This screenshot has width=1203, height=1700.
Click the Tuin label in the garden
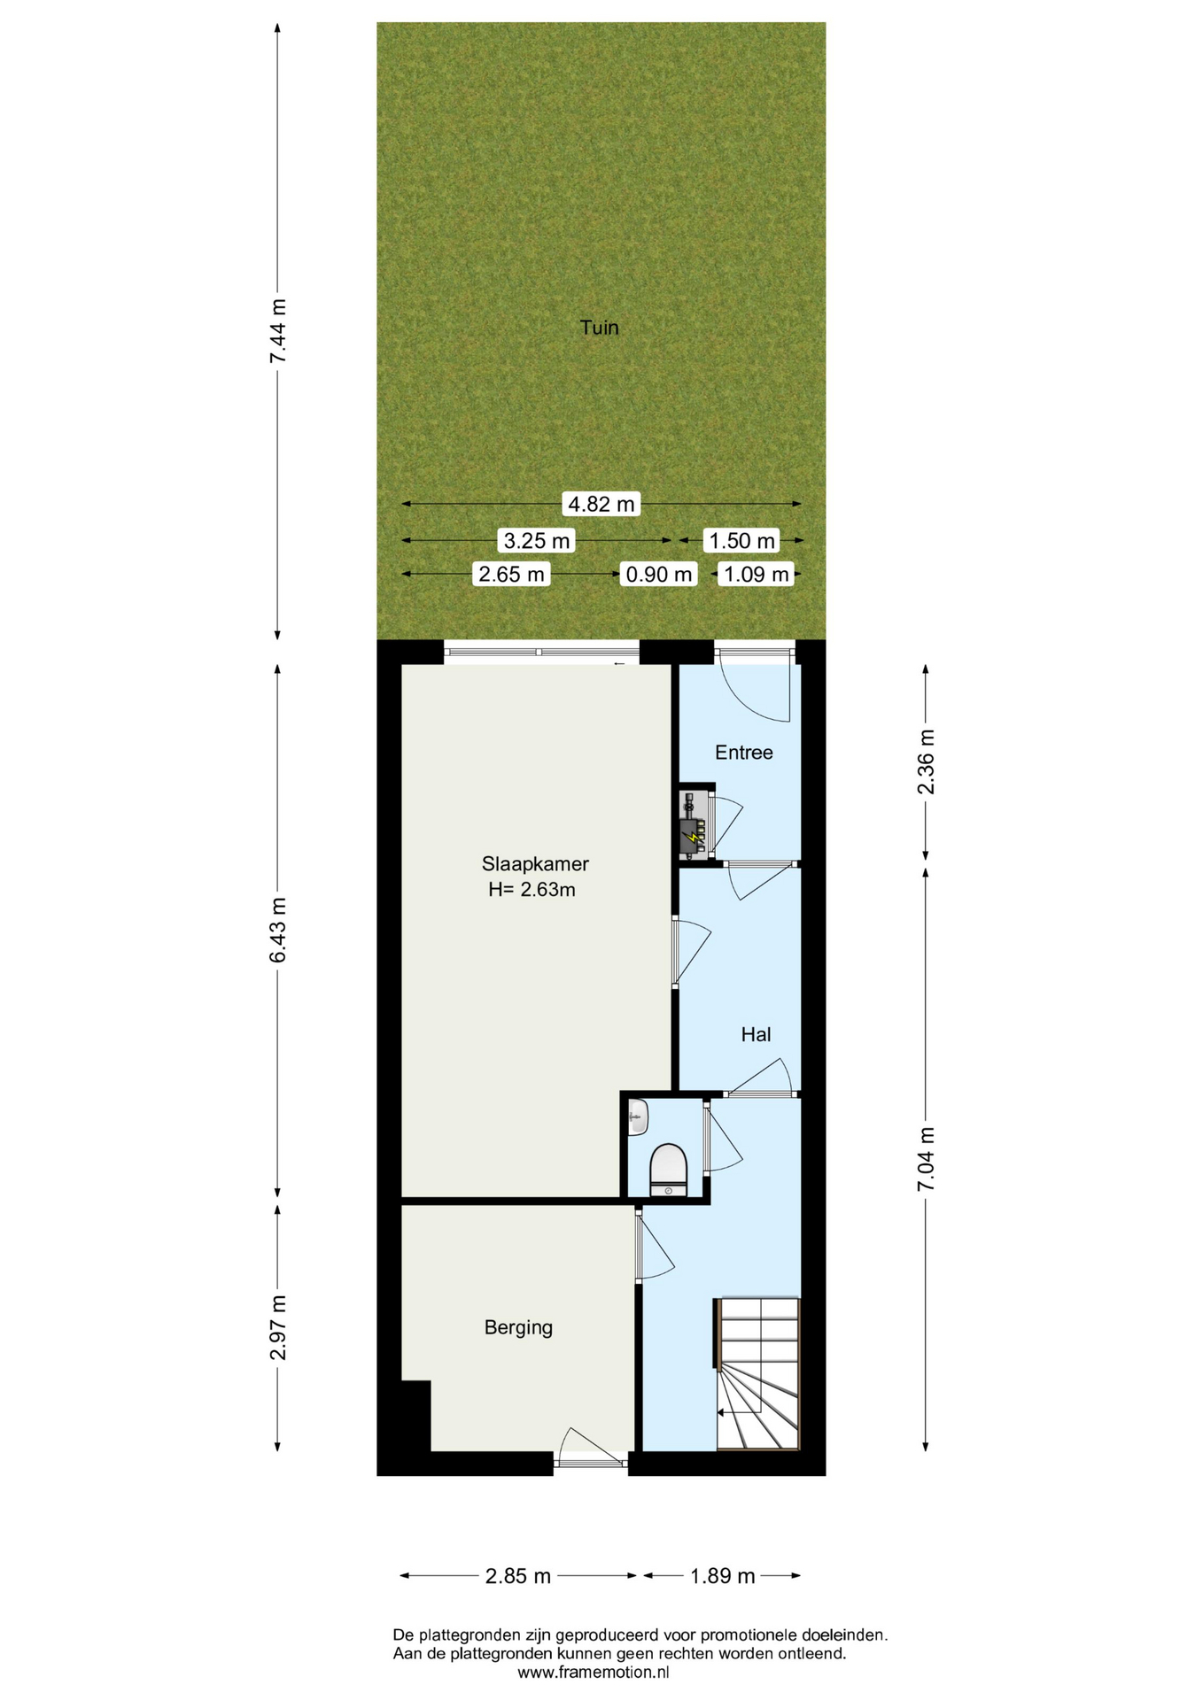point(599,328)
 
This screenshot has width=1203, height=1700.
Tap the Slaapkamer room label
point(535,863)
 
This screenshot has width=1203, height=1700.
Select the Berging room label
point(518,1327)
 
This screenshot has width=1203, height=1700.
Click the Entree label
point(743,753)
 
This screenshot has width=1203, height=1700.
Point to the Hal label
point(756,1034)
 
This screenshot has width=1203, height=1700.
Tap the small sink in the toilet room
point(638,1117)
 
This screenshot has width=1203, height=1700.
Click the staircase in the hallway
point(757,1373)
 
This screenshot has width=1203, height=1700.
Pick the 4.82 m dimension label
point(601,505)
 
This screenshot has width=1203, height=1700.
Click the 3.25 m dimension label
point(537,540)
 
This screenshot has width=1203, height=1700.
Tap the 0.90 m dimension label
point(658,575)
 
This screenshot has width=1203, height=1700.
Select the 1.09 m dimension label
point(756,575)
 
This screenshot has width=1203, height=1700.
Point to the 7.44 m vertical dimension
point(279,330)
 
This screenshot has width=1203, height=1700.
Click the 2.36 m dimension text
point(926,762)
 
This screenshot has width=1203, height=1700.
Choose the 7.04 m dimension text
point(926,1159)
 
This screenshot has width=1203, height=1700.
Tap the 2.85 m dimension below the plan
point(518,1576)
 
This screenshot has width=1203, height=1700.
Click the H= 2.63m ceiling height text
point(532,890)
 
